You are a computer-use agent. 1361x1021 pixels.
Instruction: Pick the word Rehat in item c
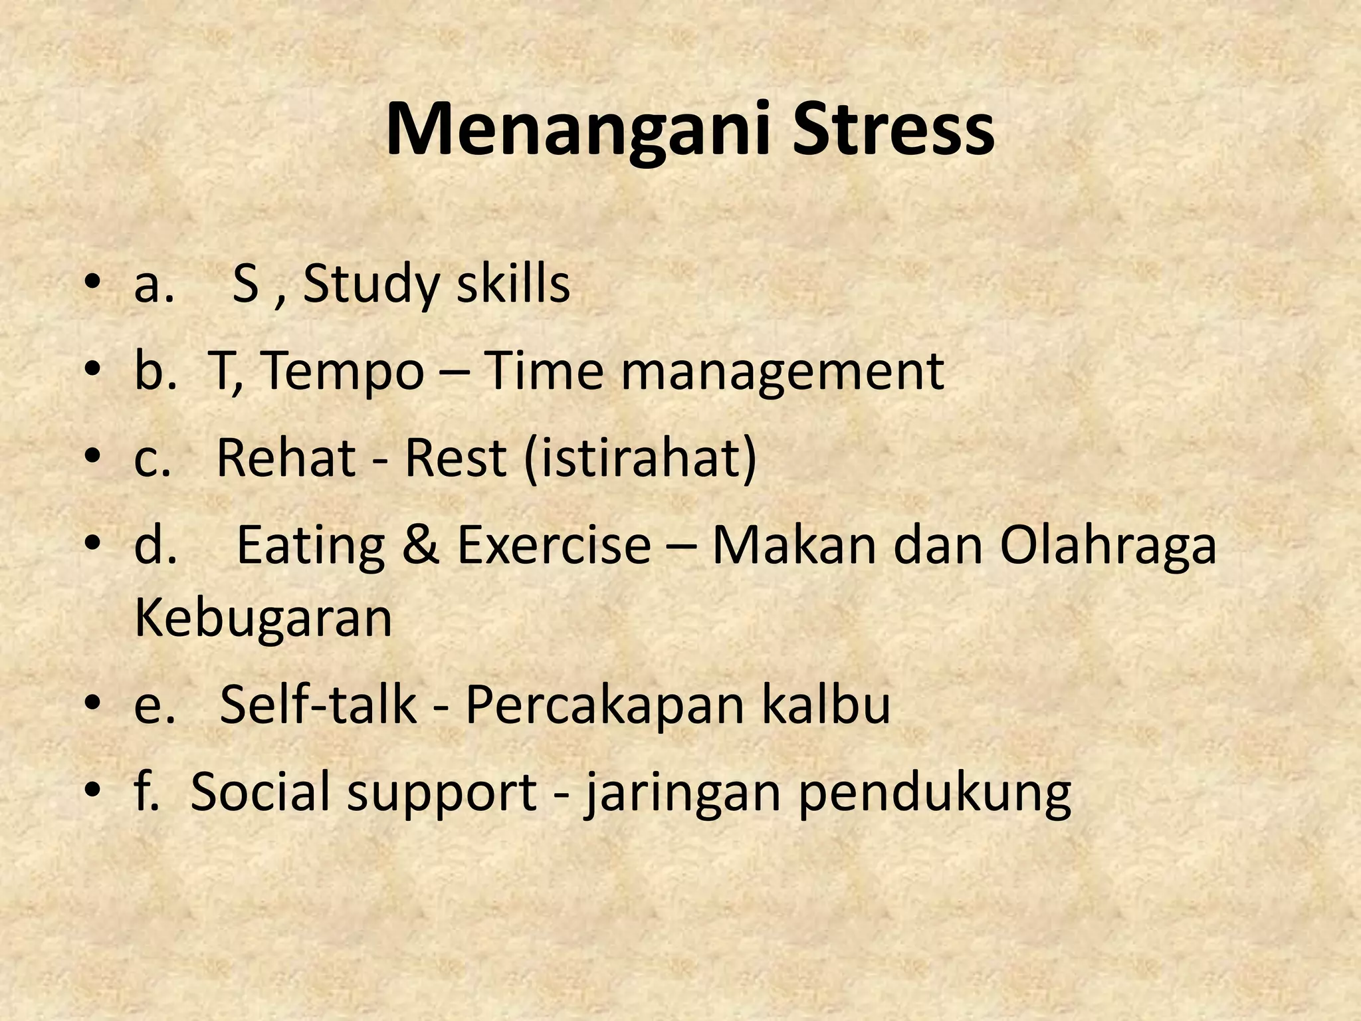pos(286,459)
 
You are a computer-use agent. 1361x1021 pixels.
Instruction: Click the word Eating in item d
pos(310,546)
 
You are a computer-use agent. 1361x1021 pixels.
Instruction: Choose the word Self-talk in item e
pos(318,705)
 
